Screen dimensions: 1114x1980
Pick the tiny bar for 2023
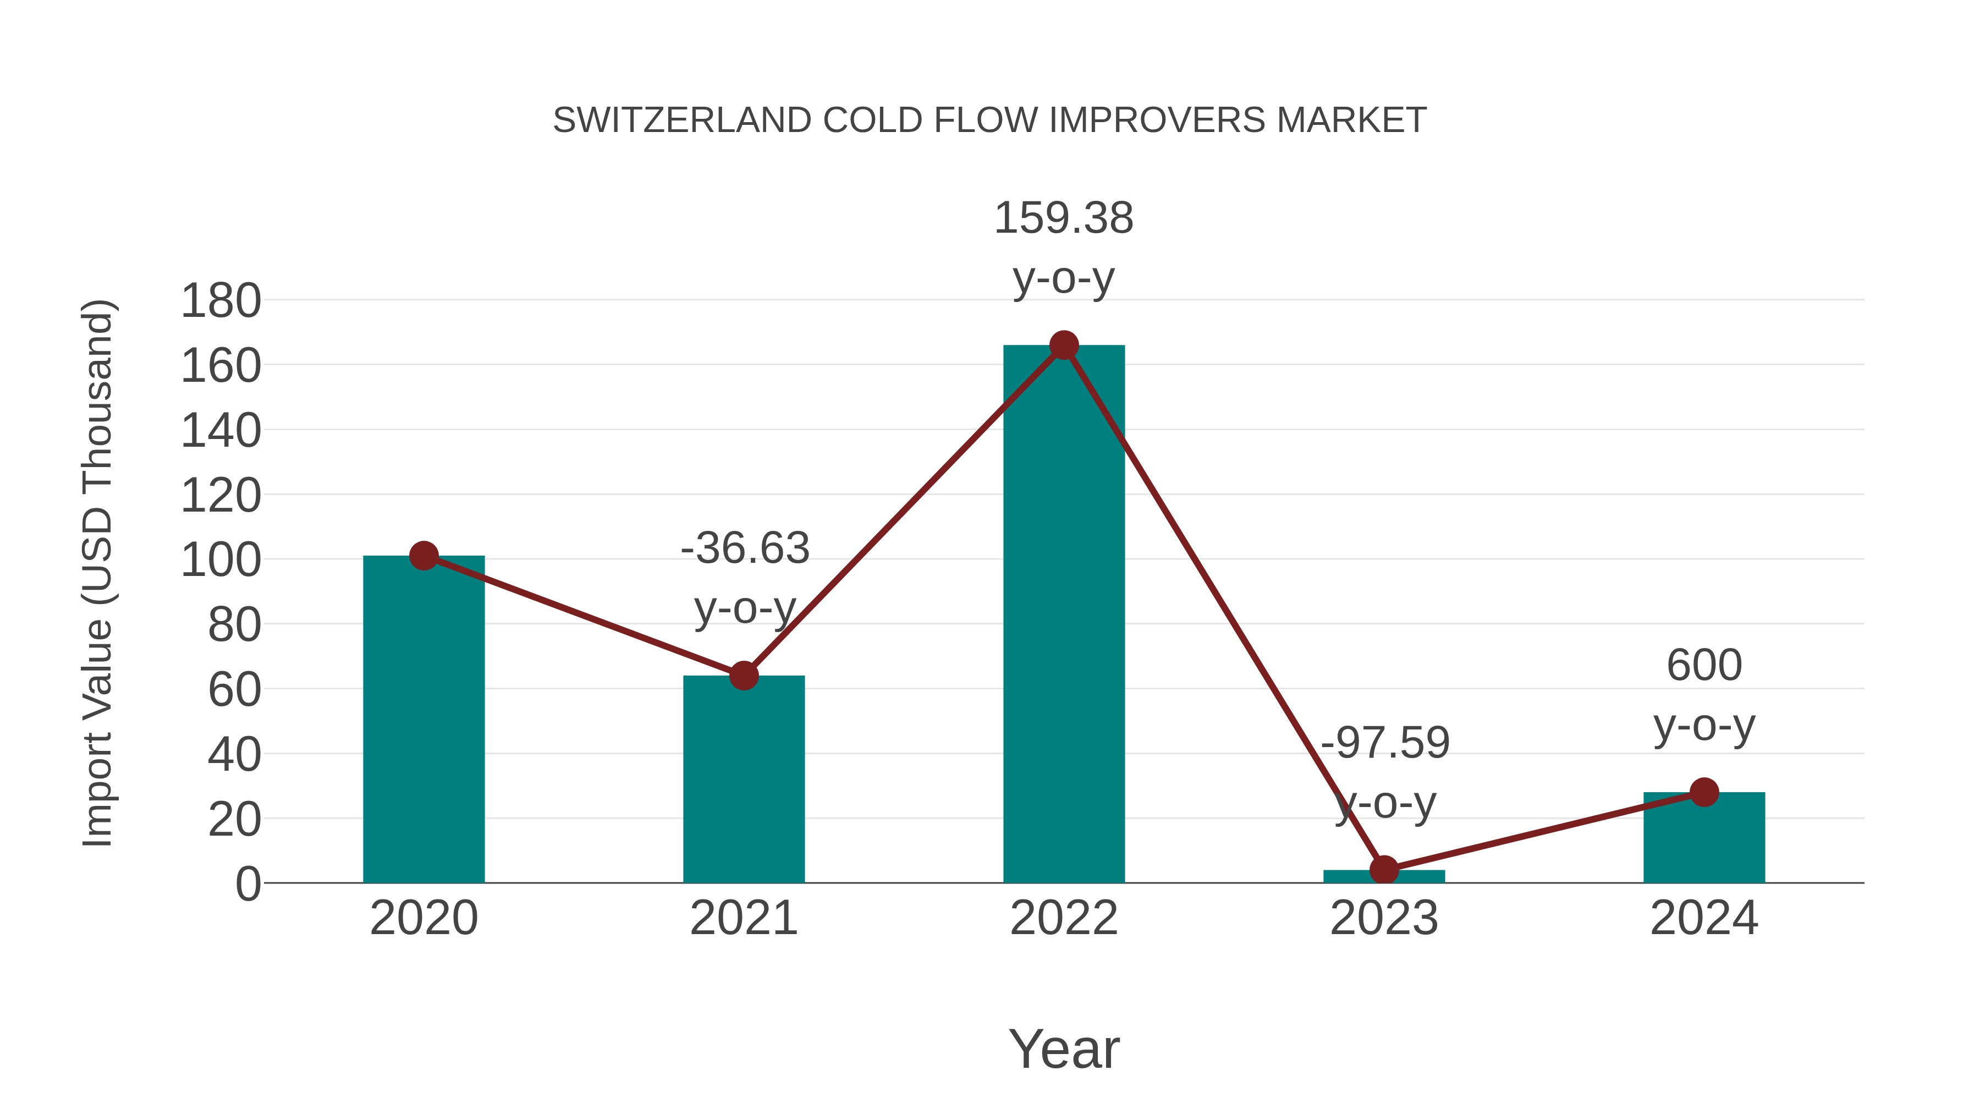pos(1384,876)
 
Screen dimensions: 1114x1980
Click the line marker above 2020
pos(424,555)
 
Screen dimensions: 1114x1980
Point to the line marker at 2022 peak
pos(1063,345)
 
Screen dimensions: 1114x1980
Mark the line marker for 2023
pos(1384,870)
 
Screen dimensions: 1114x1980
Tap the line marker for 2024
pos(1703,792)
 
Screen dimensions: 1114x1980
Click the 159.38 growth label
pos(1063,218)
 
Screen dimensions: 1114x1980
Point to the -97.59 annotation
pos(1384,743)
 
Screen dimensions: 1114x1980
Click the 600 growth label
pos(1703,666)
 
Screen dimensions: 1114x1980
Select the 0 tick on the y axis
pos(248,884)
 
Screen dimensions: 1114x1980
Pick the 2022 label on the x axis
pos(1063,919)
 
